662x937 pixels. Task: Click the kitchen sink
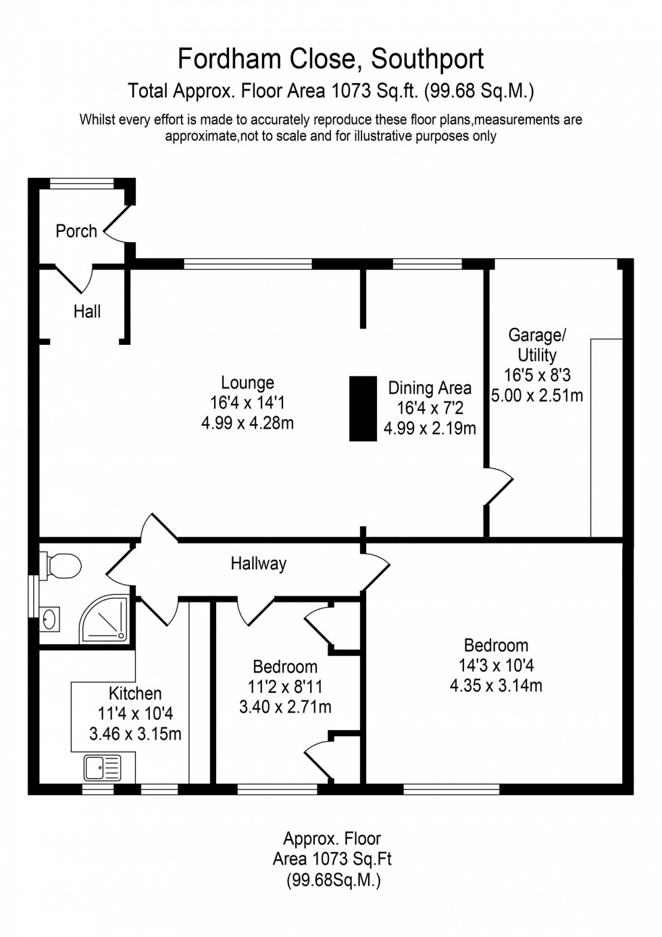click(102, 768)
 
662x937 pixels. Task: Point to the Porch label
click(76, 231)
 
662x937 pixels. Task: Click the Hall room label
click(87, 312)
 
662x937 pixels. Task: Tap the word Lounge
click(247, 383)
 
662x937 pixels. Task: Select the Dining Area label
click(430, 388)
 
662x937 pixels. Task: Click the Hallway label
click(258, 563)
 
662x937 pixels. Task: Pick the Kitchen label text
click(135, 694)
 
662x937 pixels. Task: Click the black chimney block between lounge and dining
click(363, 408)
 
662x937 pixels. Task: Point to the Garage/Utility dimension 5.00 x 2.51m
click(537, 395)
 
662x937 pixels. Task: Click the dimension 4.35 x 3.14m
click(496, 686)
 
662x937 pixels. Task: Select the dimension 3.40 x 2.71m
click(285, 707)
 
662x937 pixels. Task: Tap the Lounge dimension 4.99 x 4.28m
click(247, 424)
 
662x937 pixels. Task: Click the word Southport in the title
click(427, 59)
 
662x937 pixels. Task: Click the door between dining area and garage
click(500, 485)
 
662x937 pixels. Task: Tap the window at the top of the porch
click(82, 181)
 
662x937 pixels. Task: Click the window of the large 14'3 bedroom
click(451, 789)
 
